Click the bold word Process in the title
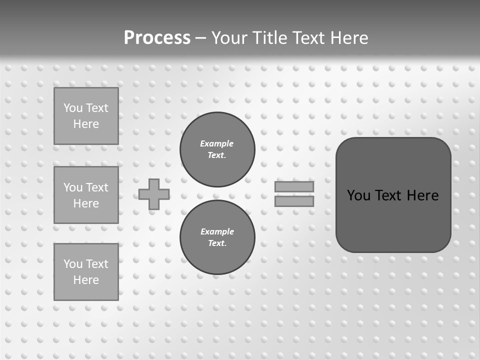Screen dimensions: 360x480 click(x=157, y=38)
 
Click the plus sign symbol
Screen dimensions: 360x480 click(x=154, y=194)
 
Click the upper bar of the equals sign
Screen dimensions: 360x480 click(x=294, y=186)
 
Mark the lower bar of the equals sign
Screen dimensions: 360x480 click(x=294, y=201)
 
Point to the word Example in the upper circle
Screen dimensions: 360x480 click(x=217, y=143)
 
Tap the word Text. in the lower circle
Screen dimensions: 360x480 click(x=217, y=243)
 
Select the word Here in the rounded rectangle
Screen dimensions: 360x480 click(x=422, y=195)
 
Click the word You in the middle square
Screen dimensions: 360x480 click(x=72, y=187)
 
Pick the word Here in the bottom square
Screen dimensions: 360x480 click(x=86, y=280)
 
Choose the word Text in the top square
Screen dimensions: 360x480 click(x=97, y=108)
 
